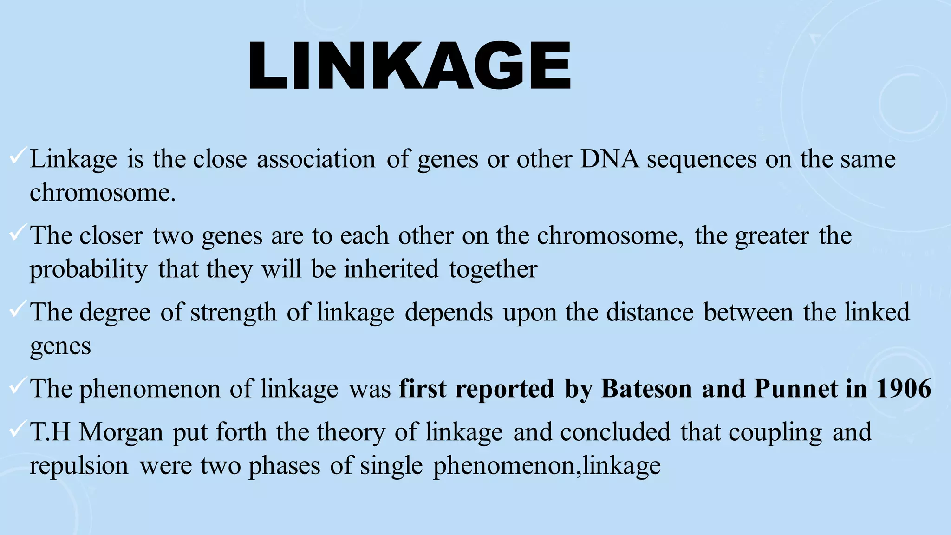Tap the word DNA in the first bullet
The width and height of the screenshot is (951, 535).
609,159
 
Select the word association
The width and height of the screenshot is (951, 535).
316,159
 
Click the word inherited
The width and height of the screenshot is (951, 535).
391,269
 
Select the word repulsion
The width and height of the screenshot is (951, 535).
79,466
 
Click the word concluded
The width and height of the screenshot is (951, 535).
615,432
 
